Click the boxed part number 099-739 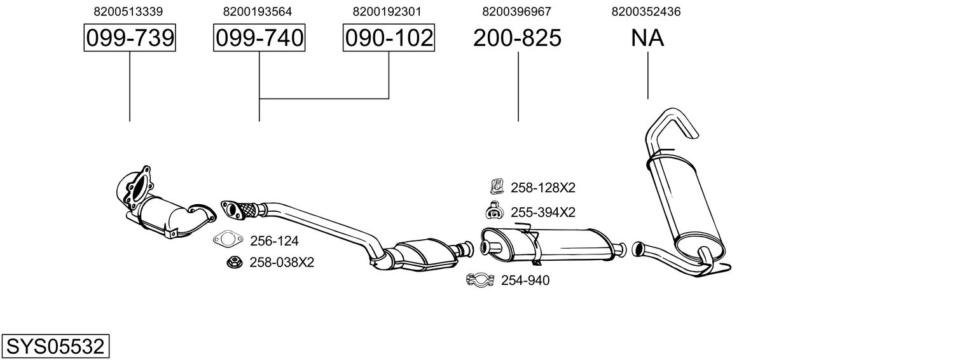130,38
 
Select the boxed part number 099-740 259,38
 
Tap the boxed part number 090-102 389,38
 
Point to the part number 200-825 517,38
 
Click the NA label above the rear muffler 647,38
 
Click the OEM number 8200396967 517,11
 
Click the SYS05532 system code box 55,347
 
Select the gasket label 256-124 274,241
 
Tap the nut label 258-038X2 282,262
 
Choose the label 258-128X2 542,188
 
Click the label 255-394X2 542,212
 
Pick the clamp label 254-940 525,280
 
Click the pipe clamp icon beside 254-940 481,280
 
